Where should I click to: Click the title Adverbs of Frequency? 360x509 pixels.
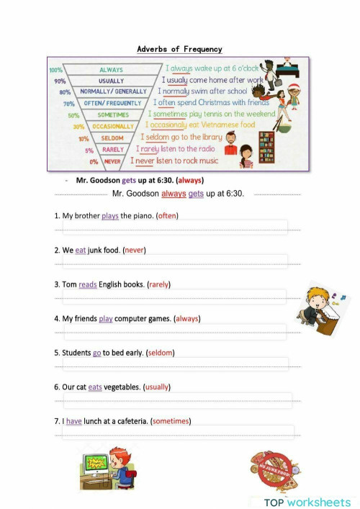tap(179, 49)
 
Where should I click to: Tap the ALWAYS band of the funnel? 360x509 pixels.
tap(111, 70)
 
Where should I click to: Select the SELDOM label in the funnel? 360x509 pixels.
tap(112, 138)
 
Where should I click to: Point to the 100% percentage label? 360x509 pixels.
tap(55, 70)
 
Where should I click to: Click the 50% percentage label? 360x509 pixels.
tap(73, 115)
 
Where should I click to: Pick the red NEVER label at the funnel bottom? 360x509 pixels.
tap(112, 161)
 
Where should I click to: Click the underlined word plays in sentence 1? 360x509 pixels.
tap(109, 215)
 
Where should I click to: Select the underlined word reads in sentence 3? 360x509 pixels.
tap(87, 284)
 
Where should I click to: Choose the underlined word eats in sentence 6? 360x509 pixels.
tap(96, 387)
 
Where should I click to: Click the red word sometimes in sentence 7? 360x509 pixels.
tap(171, 421)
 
